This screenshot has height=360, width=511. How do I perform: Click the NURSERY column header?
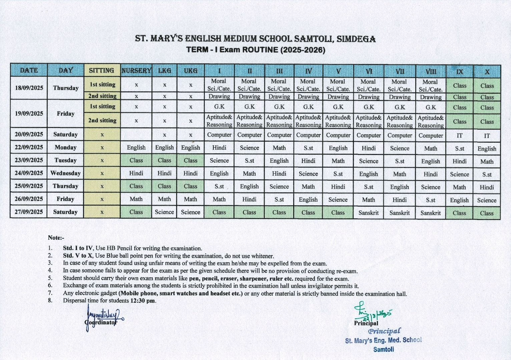[136, 71]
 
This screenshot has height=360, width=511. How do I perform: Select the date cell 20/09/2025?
[29, 134]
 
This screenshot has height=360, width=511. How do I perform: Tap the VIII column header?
[431, 71]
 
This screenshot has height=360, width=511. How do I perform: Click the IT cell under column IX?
[459, 136]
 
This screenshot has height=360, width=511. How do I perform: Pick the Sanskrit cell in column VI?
[369, 213]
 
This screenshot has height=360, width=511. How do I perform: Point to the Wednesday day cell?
[65, 173]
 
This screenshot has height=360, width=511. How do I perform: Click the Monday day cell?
[65, 147]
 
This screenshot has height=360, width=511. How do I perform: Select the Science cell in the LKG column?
[164, 212]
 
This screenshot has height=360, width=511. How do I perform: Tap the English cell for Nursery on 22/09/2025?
[136, 147]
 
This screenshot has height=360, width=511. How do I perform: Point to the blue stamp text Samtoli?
[384, 349]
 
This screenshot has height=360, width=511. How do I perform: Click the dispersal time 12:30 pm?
[143, 301]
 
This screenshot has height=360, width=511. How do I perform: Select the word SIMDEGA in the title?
[356, 39]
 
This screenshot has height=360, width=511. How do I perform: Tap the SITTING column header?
[102, 71]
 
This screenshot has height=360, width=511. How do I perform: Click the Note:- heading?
[56, 238]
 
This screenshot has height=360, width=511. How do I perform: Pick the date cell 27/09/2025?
[29, 212]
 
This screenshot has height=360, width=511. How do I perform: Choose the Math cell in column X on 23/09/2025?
[487, 162]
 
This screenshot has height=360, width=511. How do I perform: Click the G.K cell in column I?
[219, 107]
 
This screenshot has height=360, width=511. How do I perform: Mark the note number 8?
[50, 300]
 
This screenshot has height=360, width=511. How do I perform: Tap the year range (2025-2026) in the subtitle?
[303, 50]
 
